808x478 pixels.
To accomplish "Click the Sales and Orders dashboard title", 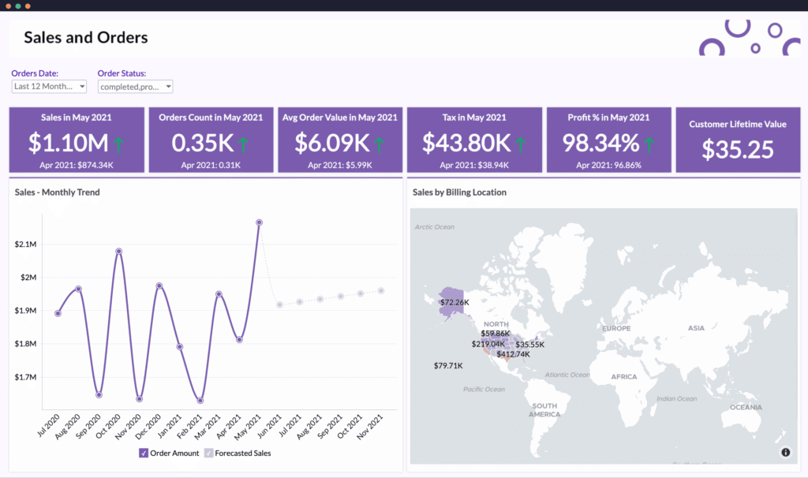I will point(86,37).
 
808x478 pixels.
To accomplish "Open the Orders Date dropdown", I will point(49,86).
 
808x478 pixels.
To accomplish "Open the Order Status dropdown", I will point(135,87).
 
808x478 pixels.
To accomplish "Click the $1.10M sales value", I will point(68,143).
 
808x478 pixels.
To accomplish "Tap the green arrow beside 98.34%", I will point(649,144).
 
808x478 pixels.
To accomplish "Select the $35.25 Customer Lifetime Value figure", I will point(737,149).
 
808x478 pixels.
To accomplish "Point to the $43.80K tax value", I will point(466,143).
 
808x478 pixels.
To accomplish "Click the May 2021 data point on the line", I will point(259,222).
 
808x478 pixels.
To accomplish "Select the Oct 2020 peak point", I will point(118,252).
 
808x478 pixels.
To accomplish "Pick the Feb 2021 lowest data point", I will point(200,401).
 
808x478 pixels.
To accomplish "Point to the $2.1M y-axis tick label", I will point(25,245).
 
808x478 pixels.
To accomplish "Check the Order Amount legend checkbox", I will point(144,453).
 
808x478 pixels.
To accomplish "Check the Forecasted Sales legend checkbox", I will point(209,453).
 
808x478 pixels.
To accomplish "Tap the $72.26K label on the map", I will point(454,302).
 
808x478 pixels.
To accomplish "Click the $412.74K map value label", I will point(513,355).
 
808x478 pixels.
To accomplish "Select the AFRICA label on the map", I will point(623,377).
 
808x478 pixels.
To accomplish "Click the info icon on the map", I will point(786,452).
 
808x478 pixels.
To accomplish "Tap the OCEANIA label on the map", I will point(746,407).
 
